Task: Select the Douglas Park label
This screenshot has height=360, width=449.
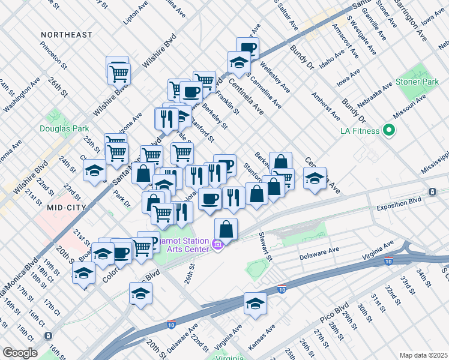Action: tap(64, 128)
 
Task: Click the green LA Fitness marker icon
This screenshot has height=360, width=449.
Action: tap(388, 130)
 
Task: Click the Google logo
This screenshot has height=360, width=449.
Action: tap(20, 352)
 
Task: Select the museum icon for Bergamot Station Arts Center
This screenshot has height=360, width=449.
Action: tap(217, 246)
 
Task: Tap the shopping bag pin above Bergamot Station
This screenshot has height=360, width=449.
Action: tap(226, 230)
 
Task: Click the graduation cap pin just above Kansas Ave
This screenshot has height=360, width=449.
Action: tap(255, 304)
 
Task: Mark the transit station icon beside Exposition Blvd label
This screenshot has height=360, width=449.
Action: tap(432, 192)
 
